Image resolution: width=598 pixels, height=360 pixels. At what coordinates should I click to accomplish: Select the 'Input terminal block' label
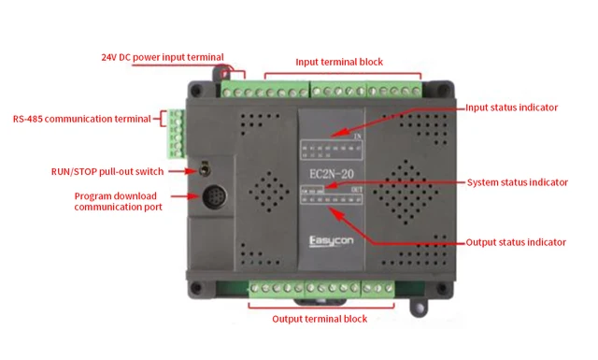[339, 62]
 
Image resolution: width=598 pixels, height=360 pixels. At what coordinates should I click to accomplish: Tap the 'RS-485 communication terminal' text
[82, 119]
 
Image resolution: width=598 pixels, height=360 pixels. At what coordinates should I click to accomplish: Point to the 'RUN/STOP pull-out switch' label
[107, 171]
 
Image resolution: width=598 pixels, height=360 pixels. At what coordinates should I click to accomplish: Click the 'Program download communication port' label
[119, 201]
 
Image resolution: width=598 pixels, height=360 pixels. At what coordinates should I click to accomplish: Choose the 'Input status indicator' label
[511, 108]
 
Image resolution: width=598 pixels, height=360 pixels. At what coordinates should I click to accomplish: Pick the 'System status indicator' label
[517, 181]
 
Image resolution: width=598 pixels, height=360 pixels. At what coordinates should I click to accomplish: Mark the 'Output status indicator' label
[516, 242]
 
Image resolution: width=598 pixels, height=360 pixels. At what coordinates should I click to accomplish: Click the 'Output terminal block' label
[319, 319]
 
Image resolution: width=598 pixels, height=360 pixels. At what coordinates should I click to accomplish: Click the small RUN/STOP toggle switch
[203, 171]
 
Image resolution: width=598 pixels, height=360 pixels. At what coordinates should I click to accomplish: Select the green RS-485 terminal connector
[175, 134]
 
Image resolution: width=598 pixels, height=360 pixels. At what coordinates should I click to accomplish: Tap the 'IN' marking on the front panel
[358, 137]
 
